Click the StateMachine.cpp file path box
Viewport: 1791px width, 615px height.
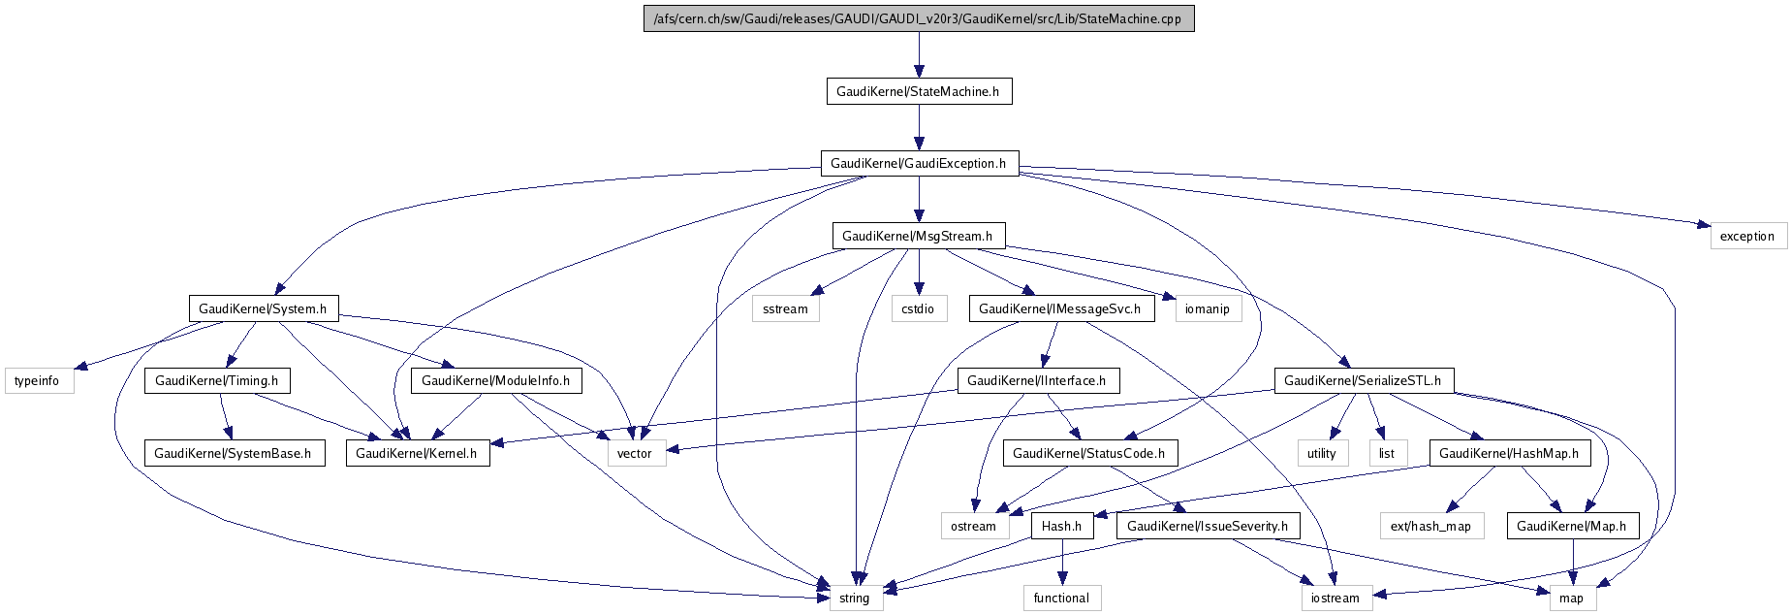click(x=919, y=18)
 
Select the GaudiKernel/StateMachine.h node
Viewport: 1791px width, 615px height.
click(x=919, y=91)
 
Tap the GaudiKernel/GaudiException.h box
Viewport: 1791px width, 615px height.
click(x=919, y=163)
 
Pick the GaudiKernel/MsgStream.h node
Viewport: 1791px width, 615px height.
click(x=918, y=236)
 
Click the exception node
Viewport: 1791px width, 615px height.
click(x=1746, y=236)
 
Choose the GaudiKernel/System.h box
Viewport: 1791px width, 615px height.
click(x=263, y=308)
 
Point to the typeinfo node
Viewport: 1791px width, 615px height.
click(x=37, y=380)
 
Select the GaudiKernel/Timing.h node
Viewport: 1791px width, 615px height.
click(x=217, y=380)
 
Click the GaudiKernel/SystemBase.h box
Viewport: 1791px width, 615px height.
click(x=234, y=453)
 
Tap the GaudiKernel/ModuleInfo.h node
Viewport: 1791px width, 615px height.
click(x=496, y=380)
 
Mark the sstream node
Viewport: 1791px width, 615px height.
click(x=785, y=308)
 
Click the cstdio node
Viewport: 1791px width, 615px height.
click(x=918, y=308)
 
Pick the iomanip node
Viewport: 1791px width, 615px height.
click(x=1208, y=308)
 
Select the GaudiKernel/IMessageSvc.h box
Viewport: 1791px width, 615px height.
click(x=1060, y=308)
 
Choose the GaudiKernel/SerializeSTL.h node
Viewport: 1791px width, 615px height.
click(x=1363, y=380)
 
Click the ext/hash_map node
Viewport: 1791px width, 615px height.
click(x=1430, y=526)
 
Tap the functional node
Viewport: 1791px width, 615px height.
click(x=1061, y=598)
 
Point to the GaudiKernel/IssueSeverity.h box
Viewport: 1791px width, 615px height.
click(x=1208, y=526)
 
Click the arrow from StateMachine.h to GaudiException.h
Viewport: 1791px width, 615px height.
click(x=919, y=127)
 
